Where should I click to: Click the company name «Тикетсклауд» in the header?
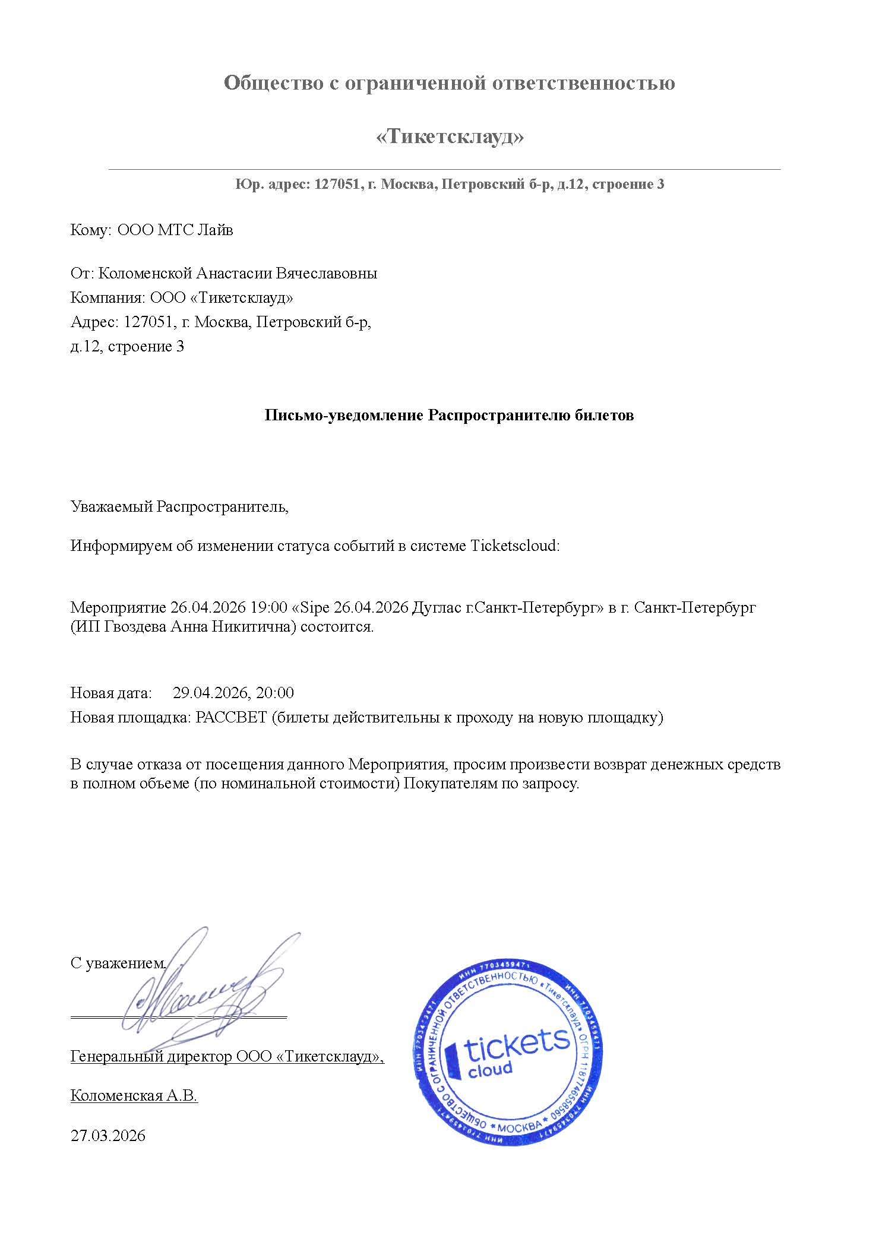(x=450, y=137)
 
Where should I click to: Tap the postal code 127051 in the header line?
(x=336, y=185)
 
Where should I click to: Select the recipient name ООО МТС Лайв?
(x=175, y=230)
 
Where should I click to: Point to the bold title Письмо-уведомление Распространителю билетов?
(x=449, y=415)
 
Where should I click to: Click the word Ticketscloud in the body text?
(x=514, y=546)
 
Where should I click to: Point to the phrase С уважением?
(x=118, y=963)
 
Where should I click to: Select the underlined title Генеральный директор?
(x=151, y=1057)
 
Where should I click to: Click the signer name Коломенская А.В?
(x=134, y=1096)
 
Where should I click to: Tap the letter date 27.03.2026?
(x=107, y=1136)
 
